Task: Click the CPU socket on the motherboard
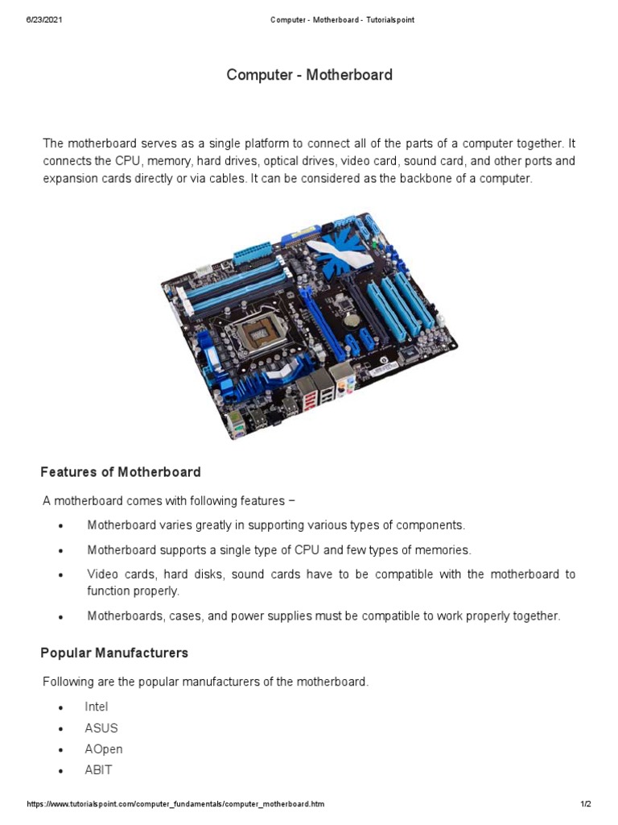(257, 330)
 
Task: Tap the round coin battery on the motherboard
(350, 317)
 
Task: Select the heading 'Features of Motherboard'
(122, 472)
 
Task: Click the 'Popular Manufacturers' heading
(115, 653)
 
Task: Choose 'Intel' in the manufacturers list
(96, 707)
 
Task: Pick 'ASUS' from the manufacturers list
(101, 728)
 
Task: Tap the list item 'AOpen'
(104, 748)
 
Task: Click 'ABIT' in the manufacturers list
(98, 769)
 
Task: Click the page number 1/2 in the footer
(585, 805)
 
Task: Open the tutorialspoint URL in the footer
(176, 805)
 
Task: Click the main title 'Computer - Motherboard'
(309, 75)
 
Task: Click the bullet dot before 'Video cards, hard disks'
(61, 576)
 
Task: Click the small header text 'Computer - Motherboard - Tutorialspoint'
(342, 19)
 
